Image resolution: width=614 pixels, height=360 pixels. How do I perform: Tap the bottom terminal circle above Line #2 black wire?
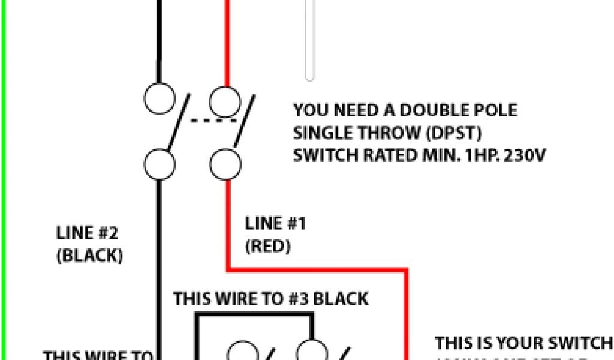(159, 163)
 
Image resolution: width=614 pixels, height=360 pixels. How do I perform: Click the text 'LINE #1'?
(276, 224)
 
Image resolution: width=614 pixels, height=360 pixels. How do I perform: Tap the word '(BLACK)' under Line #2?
(90, 256)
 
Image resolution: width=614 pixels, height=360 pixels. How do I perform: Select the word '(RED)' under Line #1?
(268, 246)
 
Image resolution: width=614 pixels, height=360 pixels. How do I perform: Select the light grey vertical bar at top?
(309, 39)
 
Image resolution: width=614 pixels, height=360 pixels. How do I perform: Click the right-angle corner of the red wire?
(407, 270)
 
